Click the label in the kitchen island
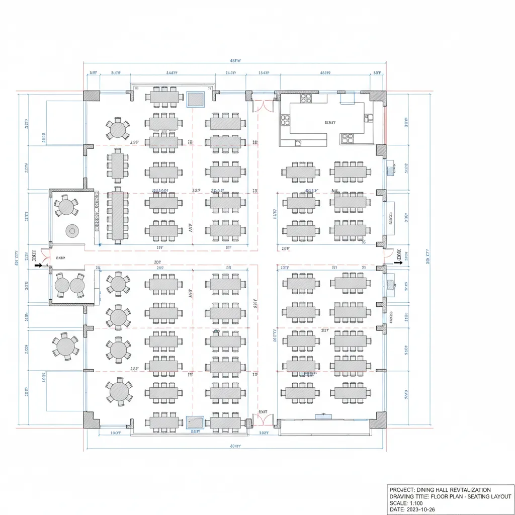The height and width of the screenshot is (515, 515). (330, 122)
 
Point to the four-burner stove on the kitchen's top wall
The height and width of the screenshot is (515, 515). (306, 99)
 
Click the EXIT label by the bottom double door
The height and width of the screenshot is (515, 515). (262, 411)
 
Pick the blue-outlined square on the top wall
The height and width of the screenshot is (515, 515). (195, 99)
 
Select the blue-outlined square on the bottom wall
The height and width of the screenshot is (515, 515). (195, 422)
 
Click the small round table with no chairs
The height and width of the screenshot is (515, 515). (72, 231)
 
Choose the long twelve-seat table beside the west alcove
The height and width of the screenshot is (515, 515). (117, 215)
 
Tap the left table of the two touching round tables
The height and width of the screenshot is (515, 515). (62, 285)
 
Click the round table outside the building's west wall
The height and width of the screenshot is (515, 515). (66, 347)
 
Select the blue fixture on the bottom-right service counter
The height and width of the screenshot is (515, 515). (321, 415)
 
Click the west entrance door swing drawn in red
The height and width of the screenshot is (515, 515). (45, 256)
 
